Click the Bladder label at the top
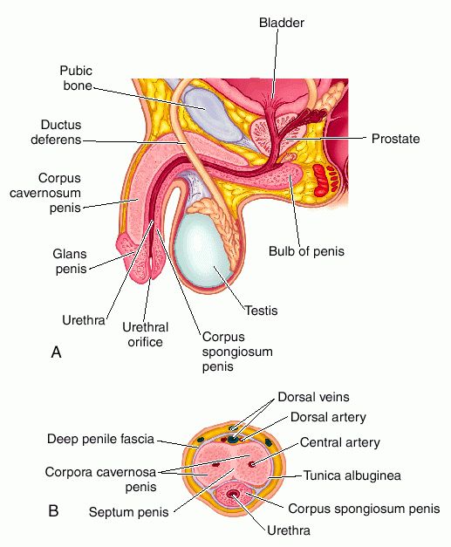[282, 23]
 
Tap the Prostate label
[395, 139]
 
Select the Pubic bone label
[76, 79]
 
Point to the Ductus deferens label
[56, 133]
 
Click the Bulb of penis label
[306, 251]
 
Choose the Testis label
[261, 310]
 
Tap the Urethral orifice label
[145, 334]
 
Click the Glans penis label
[70, 262]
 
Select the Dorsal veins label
[313, 397]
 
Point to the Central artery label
[339, 442]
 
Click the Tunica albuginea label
[352, 475]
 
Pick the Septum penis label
[129, 512]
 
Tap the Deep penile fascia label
[100, 439]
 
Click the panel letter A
[56, 352]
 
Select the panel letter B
[53, 511]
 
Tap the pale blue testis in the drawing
[200, 250]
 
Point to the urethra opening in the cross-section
[232, 494]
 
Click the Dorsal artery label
[328, 417]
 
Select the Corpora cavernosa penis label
[100, 479]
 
